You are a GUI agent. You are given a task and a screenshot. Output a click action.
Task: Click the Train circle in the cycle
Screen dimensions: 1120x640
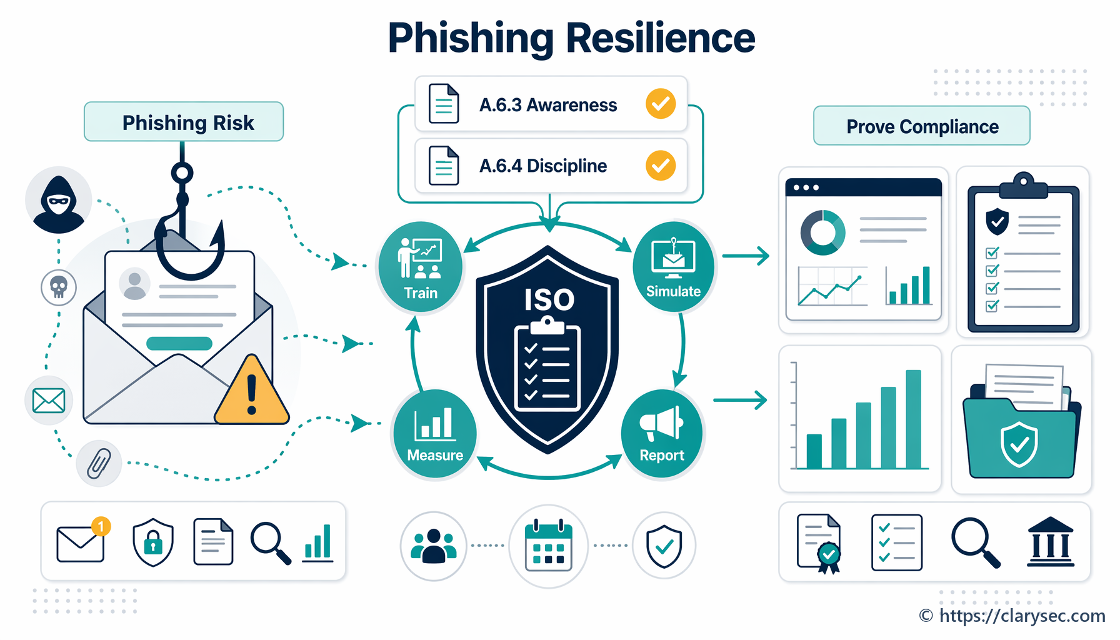pyautogui.click(x=420, y=266)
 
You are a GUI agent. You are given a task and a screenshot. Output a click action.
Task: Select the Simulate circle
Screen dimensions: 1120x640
pyautogui.click(x=673, y=265)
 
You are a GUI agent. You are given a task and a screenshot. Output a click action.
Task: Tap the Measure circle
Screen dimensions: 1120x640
pyautogui.click(x=435, y=434)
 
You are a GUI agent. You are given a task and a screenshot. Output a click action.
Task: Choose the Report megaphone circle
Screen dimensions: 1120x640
pyautogui.click(x=662, y=434)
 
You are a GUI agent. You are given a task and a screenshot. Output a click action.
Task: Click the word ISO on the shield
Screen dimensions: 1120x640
pyautogui.click(x=549, y=300)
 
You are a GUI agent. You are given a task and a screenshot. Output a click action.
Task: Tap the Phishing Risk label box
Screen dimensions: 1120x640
pyautogui.click(x=184, y=122)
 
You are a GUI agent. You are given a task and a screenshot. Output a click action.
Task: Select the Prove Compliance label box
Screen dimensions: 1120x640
pyautogui.click(x=922, y=126)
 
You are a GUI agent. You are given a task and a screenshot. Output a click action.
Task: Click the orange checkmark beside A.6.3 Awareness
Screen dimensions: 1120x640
pyautogui.click(x=661, y=104)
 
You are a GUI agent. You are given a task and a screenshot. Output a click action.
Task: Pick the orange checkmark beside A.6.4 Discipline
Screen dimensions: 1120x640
pyautogui.click(x=661, y=165)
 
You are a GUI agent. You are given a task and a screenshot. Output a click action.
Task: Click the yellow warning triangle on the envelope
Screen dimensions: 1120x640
pyautogui.click(x=252, y=391)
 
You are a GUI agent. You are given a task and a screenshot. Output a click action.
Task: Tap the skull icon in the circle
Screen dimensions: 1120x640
pyautogui.click(x=59, y=287)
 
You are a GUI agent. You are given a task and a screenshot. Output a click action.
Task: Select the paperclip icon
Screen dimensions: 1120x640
pyautogui.click(x=99, y=463)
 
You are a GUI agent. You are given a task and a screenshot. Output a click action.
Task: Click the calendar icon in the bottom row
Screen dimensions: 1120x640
pyautogui.click(x=549, y=545)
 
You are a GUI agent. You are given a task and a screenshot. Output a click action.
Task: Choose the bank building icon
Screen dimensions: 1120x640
pyautogui.click(x=1051, y=542)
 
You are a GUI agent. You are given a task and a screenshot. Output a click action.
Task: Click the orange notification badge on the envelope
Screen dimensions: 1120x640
pyautogui.click(x=101, y=526)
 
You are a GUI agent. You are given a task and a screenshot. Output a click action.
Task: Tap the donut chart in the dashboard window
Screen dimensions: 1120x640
pyautogui.click(x=823, y=232)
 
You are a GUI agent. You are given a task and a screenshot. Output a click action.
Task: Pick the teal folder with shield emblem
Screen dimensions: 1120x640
pyautogui.click(x=1021, y=431)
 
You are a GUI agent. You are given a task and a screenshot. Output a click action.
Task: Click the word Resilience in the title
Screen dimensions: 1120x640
pyautogui.click(x=661, y=37)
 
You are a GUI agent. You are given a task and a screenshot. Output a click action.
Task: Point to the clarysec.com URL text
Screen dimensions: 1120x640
pyautogui.click(x=1022, y=616)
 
